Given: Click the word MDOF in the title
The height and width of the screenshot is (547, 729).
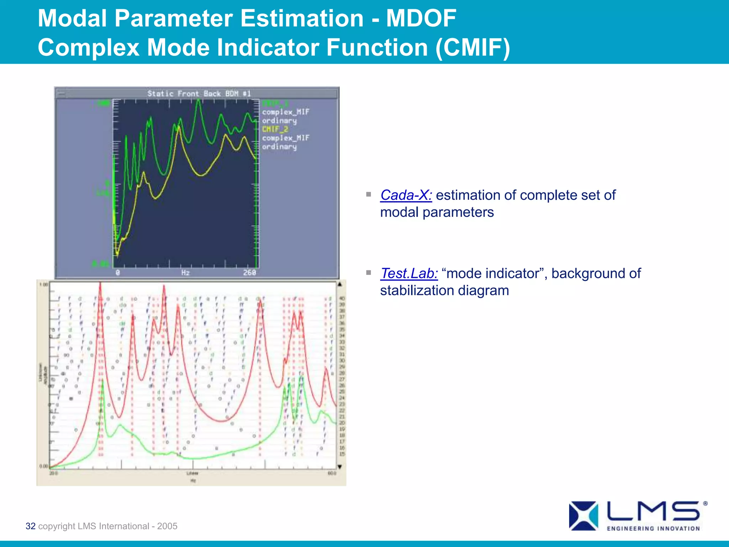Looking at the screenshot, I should (x=421, y=19).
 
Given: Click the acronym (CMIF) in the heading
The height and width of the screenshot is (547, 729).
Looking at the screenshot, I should (x=473, y=47).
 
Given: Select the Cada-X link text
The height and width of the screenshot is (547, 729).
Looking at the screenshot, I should (x=406, y=195).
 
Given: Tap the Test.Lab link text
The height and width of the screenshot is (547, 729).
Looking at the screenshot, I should (x=409, y=273).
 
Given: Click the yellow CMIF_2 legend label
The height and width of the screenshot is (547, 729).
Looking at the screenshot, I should (x=275, y=129).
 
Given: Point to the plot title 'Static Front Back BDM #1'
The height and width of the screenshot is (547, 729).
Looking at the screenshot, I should (x=199, y=94).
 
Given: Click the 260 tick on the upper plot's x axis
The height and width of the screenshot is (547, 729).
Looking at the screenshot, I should (x=250, y=272).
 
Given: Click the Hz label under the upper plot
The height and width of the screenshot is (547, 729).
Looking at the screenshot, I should (x=185, y=273).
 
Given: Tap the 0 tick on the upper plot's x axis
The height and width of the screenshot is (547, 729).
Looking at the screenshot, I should (x=118, y=273).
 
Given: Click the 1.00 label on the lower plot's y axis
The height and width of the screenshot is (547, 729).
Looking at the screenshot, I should (x=43, y=285).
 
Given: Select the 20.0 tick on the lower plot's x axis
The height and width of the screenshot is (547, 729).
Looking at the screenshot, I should (x=53, y=473).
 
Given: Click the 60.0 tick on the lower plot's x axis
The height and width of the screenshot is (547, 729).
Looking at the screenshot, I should (x=331, y=473).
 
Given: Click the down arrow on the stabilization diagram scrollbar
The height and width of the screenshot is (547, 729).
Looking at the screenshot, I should (x=340, y=467).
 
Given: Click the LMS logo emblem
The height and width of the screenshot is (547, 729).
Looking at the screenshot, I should (x=583, y=516).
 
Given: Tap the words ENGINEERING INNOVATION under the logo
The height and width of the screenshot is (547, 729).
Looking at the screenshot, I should (x=653, y=528).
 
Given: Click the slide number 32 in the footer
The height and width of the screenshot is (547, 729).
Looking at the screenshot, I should (x=31, y=526).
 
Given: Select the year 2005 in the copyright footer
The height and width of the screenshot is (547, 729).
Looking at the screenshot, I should (x=167, y=526).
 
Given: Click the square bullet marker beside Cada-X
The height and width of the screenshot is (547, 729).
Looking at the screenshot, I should (x=368, y=194).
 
